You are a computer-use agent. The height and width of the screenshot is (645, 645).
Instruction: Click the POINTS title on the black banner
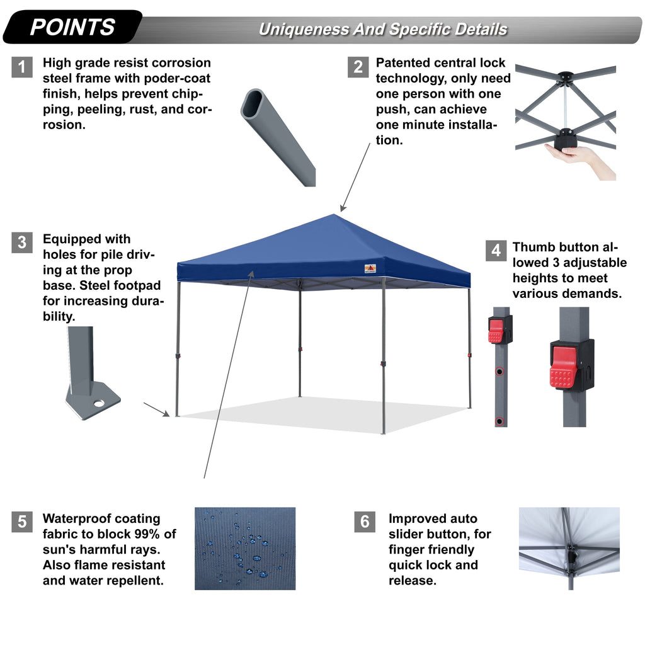72,27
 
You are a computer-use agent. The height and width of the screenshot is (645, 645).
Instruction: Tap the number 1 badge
22,67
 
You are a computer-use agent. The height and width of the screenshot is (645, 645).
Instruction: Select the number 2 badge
358,67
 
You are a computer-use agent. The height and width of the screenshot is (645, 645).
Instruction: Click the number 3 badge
22,243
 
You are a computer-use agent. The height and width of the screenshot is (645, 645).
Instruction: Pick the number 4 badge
496,250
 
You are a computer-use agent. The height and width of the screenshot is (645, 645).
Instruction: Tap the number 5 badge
22,522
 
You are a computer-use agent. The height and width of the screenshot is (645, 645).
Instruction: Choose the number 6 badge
364,522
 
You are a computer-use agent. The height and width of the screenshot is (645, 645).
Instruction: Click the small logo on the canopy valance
370,269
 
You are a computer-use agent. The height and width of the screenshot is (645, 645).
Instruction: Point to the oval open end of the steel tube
254,103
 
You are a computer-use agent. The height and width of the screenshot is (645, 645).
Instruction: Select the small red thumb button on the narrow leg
496,330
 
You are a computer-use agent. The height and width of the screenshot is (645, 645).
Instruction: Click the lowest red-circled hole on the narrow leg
499,420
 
